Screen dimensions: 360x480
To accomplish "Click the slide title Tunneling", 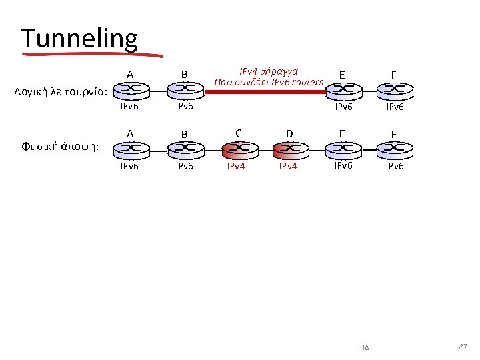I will click(x=79, y=39).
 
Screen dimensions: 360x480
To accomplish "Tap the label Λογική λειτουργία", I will click(x=61, y=91).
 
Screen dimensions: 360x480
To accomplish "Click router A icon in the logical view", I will click(x=131, y=89).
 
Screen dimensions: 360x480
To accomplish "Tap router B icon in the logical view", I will click(x=185, y=89).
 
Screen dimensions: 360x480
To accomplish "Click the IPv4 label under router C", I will click(x=237, y=165).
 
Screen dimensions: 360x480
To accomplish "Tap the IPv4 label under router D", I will click(x=289, y=165).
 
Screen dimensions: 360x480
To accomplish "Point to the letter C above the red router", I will click(x=237, y=133).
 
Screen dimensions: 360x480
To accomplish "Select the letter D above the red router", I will click(x=289, y=133).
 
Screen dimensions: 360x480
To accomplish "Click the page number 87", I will click(x=463, y=346).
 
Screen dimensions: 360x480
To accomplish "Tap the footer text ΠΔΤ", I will click(x=367, y=347).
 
